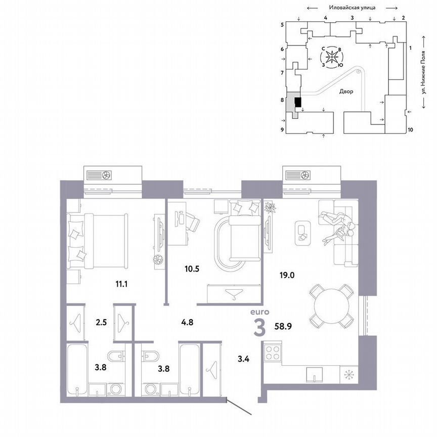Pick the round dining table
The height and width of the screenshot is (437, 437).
(332, 305)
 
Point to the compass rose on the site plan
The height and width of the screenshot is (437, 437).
(332, 57)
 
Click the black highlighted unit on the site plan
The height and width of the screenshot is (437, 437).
(297, 103)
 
